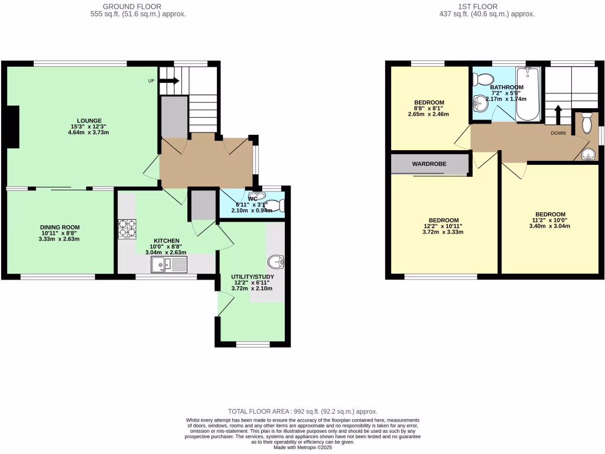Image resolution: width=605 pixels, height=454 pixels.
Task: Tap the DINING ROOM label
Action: (x=60, y=227)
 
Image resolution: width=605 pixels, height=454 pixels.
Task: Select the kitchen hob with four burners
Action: (x=128, y=228)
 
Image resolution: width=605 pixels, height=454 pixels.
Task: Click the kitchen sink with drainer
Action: (x=169, y=265)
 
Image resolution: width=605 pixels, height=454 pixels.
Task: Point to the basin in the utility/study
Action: (x=275, y=261)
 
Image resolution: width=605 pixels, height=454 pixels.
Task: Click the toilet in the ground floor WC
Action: (x=279, y=205)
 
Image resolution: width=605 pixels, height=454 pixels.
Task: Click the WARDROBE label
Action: (x=429, y=164)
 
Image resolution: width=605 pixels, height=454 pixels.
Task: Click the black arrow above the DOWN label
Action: (x=557, y=113)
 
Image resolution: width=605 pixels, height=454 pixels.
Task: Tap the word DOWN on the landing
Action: (x=558, y=133)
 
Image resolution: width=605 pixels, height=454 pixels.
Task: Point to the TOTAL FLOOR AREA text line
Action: (x=302, y=411)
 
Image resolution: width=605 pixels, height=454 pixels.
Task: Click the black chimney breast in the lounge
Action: (x=12, y=127)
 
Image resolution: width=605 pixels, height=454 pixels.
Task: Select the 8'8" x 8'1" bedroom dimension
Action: (x=429, y=108)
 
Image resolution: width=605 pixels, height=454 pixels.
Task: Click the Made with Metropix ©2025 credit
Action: (x=302, y=447)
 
